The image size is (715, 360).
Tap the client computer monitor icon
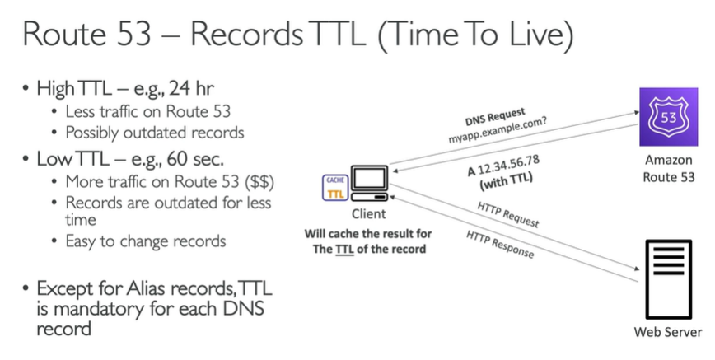(367, 182)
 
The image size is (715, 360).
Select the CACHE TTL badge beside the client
(335, 187)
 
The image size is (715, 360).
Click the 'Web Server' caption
(667, 333)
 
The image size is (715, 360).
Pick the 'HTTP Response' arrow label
(499, 244)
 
